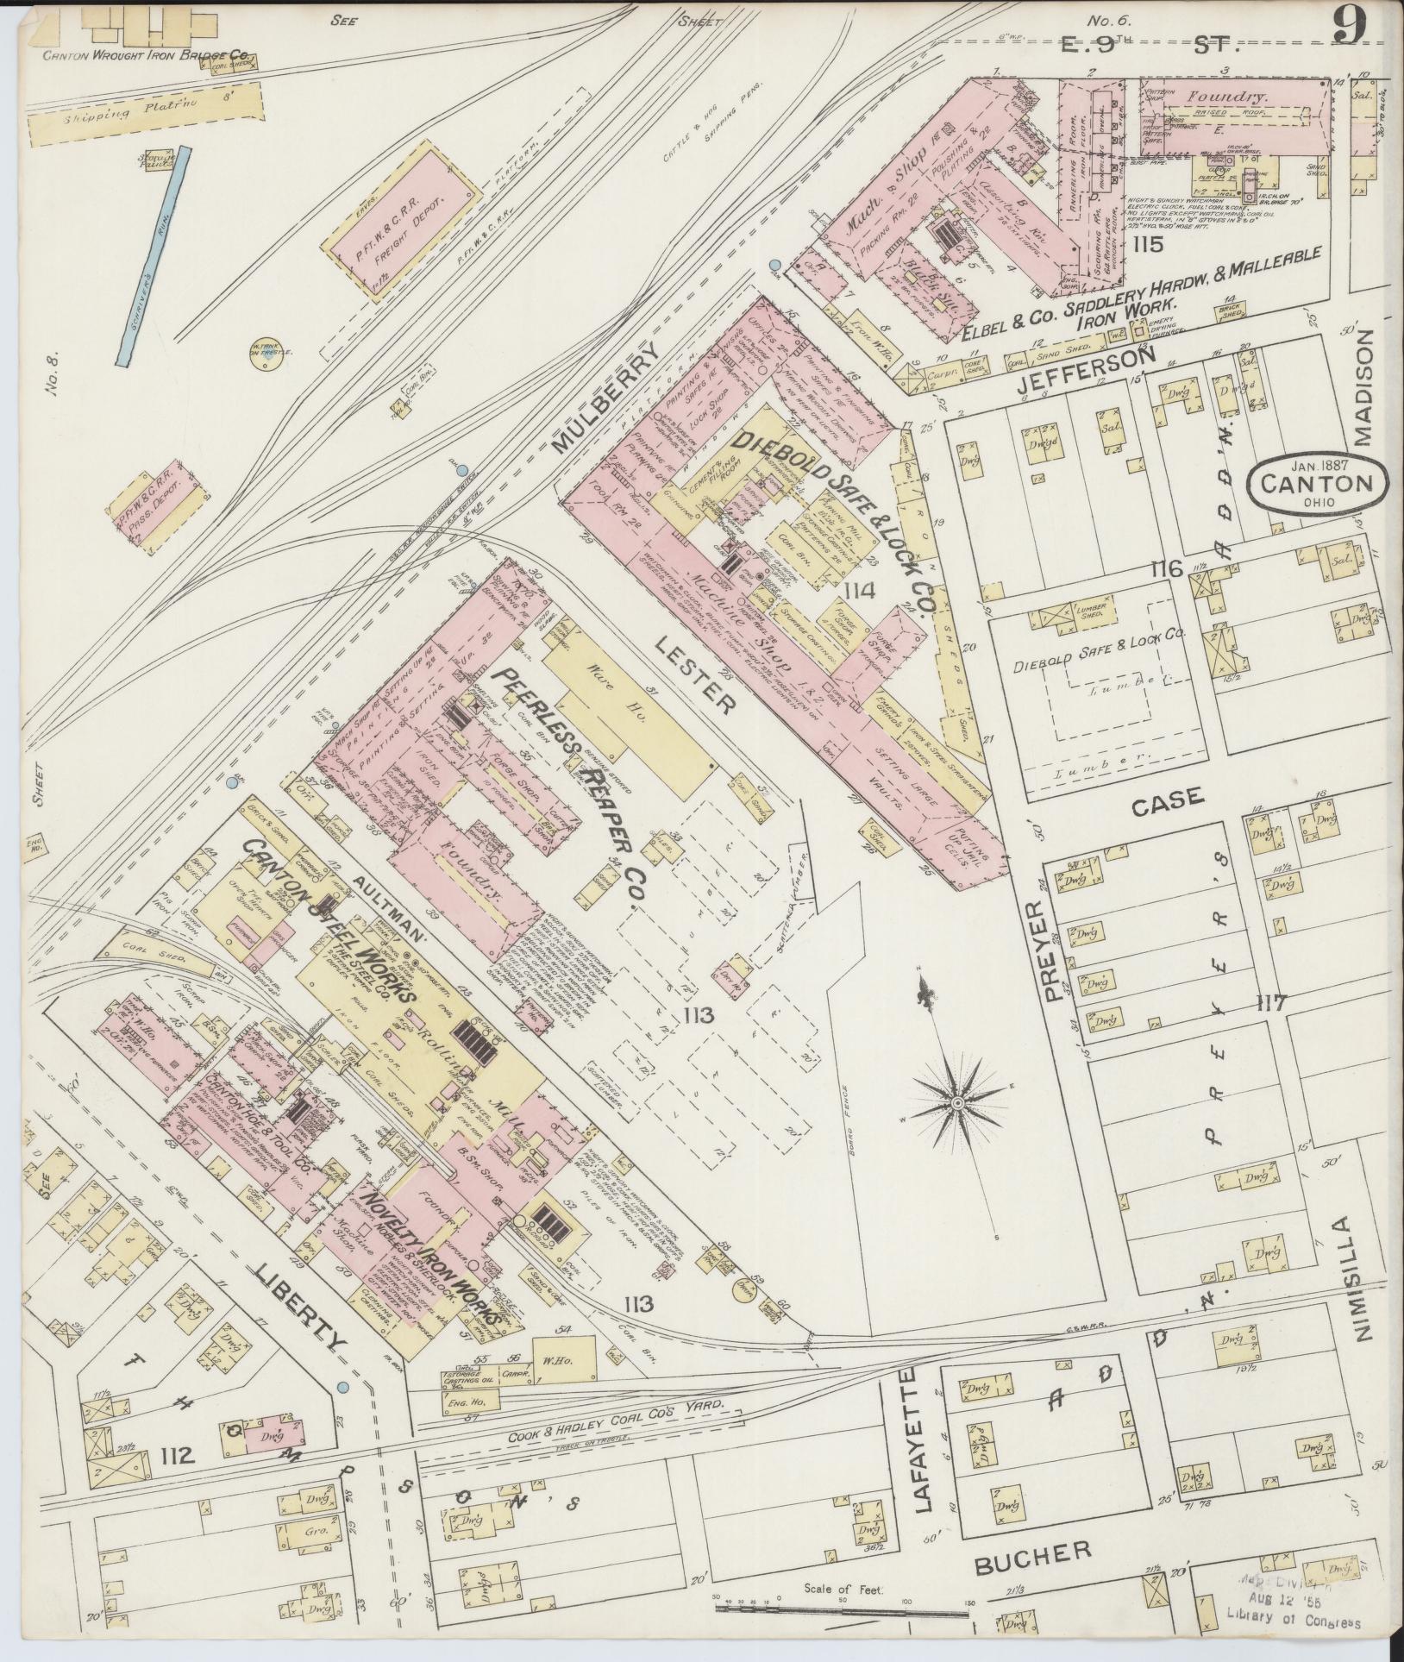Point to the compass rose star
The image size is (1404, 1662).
pyautogui.click(x=957, y=1103)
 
